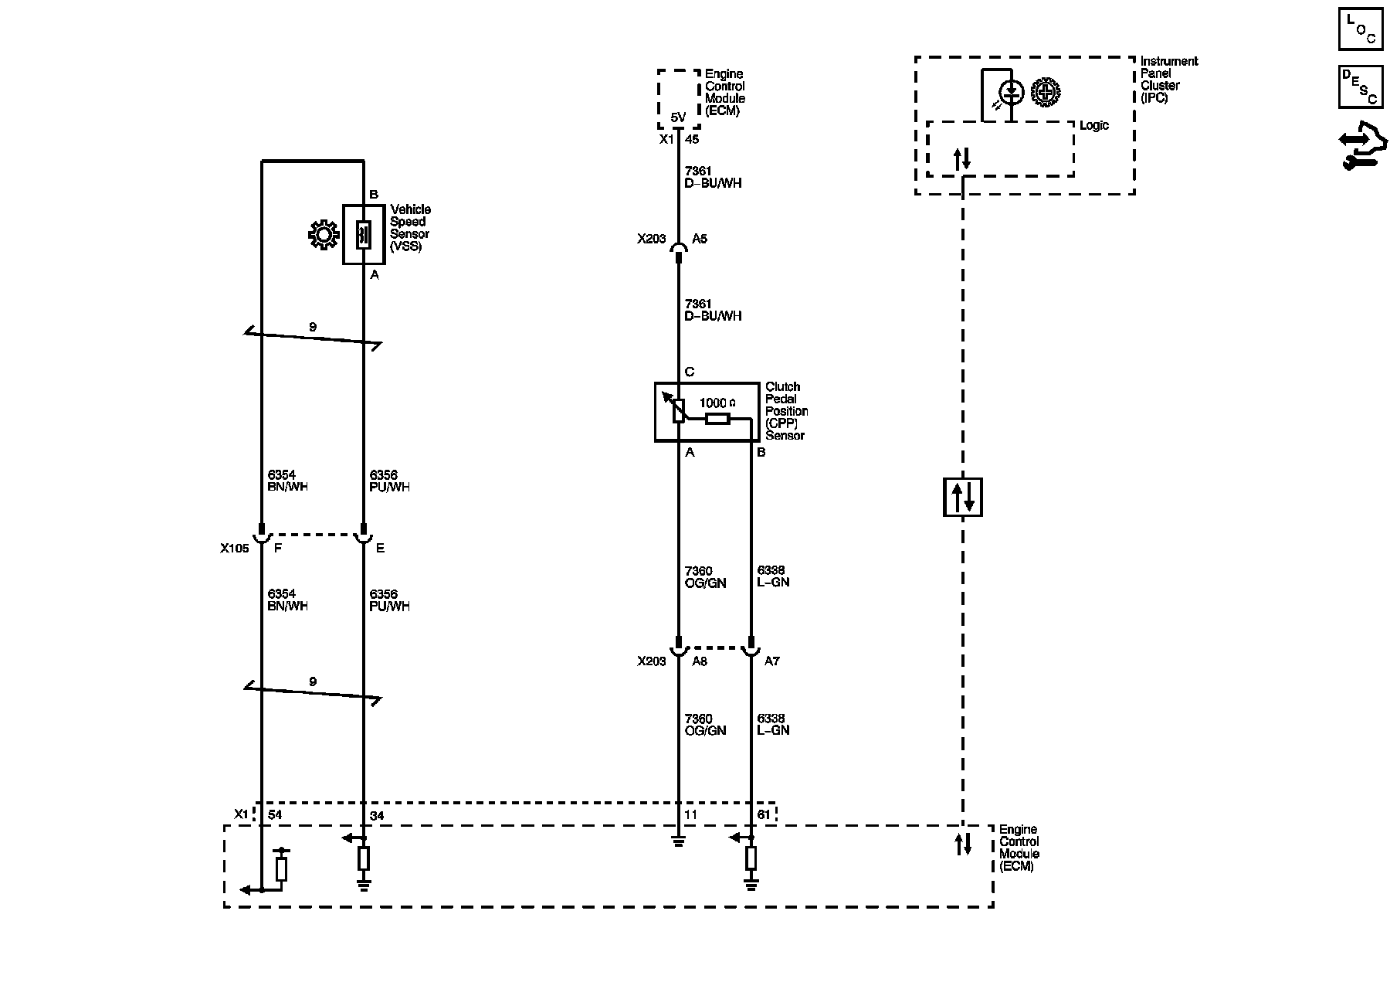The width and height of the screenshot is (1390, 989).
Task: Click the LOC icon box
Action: (x=1360, y=30)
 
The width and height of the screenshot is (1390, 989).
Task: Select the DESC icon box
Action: (x=1360, y=87)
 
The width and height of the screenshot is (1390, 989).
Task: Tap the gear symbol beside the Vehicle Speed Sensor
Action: (x=323, y=235)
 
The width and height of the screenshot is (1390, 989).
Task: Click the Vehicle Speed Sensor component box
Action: (x=364, y=235)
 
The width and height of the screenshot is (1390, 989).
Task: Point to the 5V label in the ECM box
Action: (x=677, y=117)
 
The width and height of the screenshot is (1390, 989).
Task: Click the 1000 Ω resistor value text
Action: (x=717, y=403)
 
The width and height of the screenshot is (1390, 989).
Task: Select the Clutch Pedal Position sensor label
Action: (x=786, y=411)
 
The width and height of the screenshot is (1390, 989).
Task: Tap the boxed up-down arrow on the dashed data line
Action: (x=962, y=497)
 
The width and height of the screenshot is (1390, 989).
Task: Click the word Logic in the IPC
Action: (x=1093, y=126)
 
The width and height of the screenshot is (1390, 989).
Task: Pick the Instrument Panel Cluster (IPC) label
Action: (x=1168, y=80)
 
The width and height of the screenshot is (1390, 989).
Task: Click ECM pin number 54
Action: (x=275, y=815)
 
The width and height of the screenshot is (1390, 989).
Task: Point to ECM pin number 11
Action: (x=690, y=815)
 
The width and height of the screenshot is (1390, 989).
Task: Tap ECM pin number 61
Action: (x=764, y=815)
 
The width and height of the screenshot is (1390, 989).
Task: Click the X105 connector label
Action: (x=234, y=549)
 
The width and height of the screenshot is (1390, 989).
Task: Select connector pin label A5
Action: (x=699, y=240)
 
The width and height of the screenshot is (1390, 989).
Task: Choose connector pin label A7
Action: (x=771, y=661)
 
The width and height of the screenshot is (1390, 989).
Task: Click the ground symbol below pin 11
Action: (x=678, y=841)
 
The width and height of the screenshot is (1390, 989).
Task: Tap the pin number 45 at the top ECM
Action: (x=692, y=140)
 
